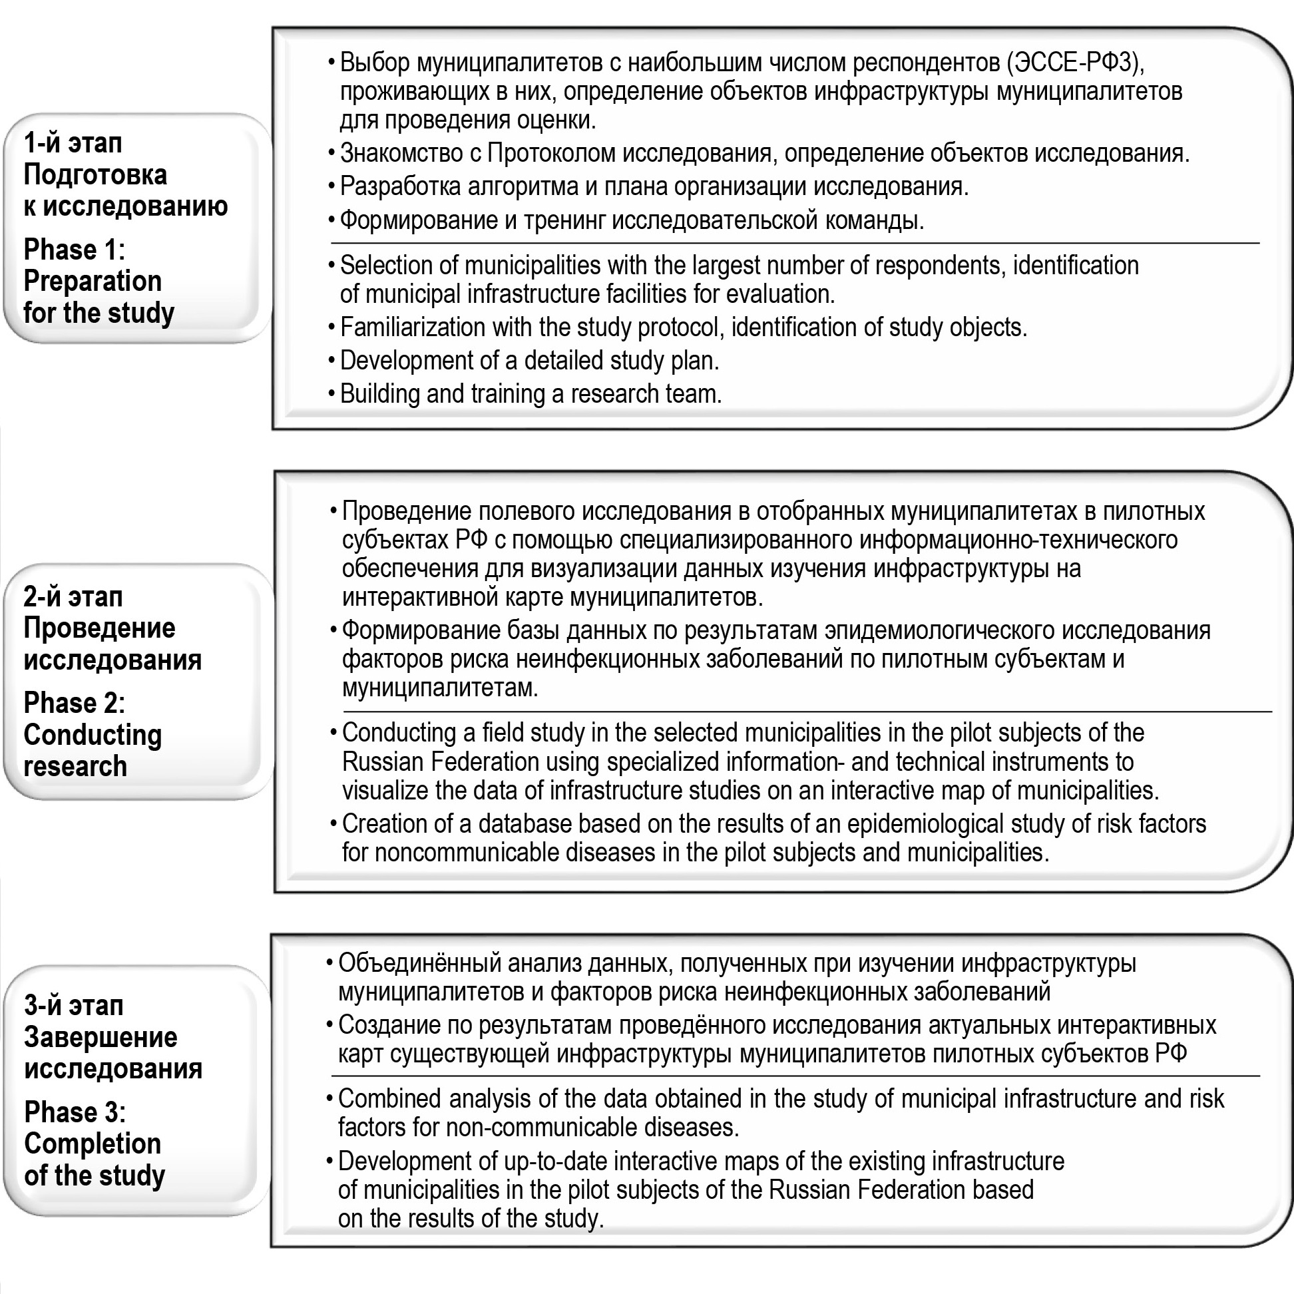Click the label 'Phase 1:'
click(75, 250)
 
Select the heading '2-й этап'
click(73, 596)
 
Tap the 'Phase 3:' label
click(75, 1112)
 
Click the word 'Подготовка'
click(95, 175)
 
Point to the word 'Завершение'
click(101, 1037)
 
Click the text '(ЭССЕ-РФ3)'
click(1076, 63)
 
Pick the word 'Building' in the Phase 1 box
click(380, 394)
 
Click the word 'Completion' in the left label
click(93, 1144)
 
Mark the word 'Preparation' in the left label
click(93, 282)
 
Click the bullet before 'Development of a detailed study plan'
click(331, 361)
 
